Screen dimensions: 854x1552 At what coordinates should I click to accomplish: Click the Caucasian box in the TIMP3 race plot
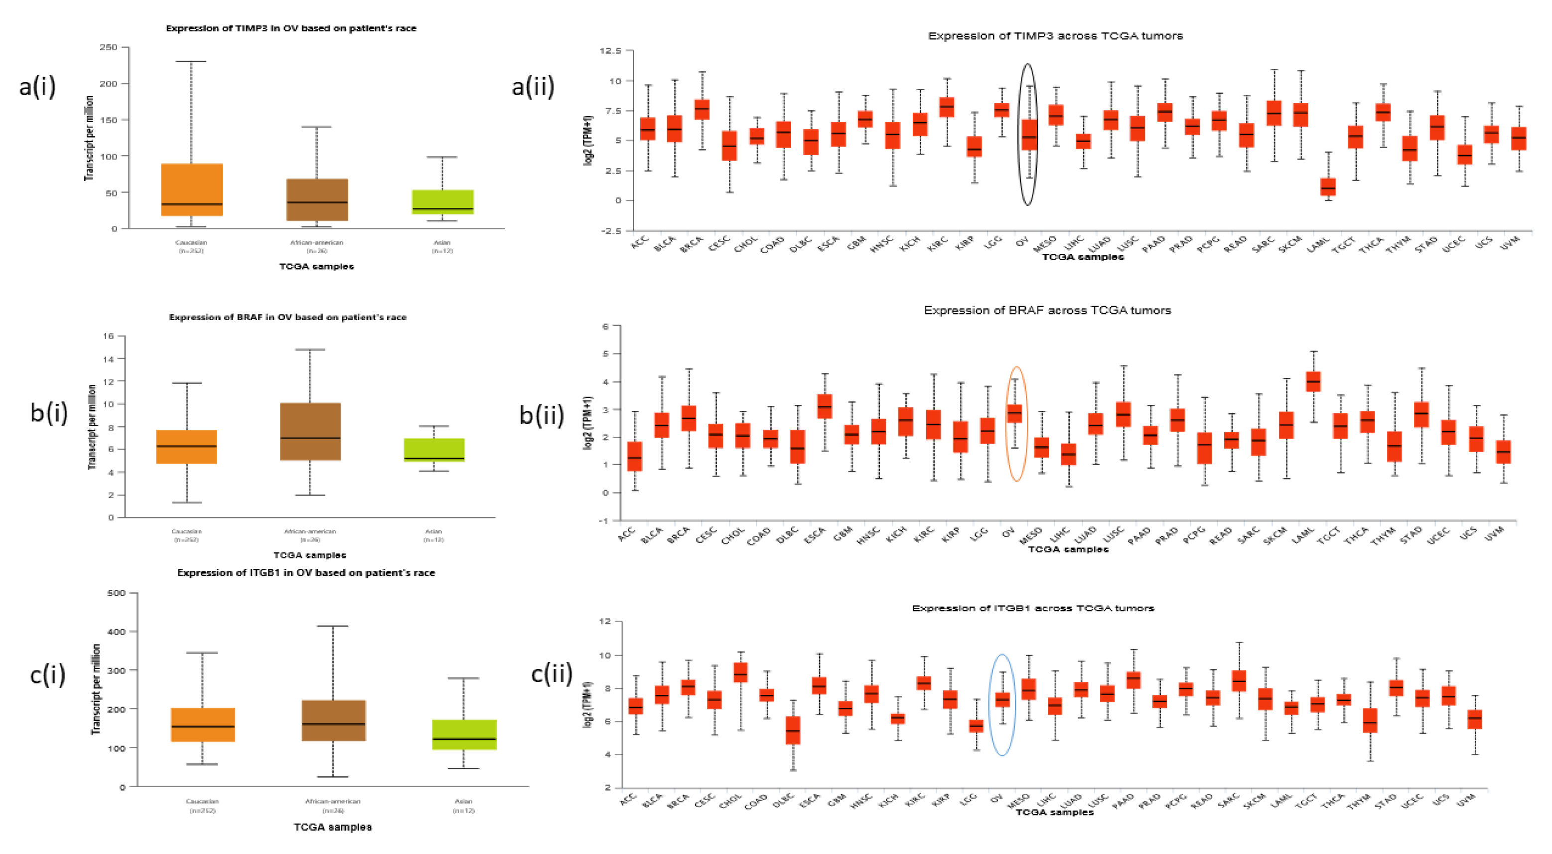coord(192,190)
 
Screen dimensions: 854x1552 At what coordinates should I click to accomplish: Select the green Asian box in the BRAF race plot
coord(434,450)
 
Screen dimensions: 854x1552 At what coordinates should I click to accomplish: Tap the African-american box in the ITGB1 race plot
coord(333,720)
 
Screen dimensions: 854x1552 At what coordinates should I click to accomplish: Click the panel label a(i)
coord(37,86)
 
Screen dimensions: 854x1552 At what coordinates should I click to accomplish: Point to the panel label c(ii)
coord(551,673)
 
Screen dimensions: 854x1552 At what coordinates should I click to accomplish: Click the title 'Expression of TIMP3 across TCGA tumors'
coord(1054,36)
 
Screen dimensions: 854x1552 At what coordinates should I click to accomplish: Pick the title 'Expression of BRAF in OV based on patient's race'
coord(287,317)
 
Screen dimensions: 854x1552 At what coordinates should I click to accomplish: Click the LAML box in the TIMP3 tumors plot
coord(1327,187)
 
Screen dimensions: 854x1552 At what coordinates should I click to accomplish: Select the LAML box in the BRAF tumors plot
coord(1313,381)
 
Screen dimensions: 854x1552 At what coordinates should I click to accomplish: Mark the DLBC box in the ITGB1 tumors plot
coord(793,730)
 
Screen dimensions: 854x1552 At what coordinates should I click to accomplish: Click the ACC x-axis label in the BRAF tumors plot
coord(627,534)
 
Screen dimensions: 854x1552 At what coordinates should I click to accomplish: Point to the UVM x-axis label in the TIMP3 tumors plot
coord(1509,243)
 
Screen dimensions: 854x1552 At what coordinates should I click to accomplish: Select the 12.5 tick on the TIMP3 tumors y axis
coord(610,51)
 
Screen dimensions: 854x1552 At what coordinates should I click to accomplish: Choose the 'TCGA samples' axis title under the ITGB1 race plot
coord(333,827)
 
